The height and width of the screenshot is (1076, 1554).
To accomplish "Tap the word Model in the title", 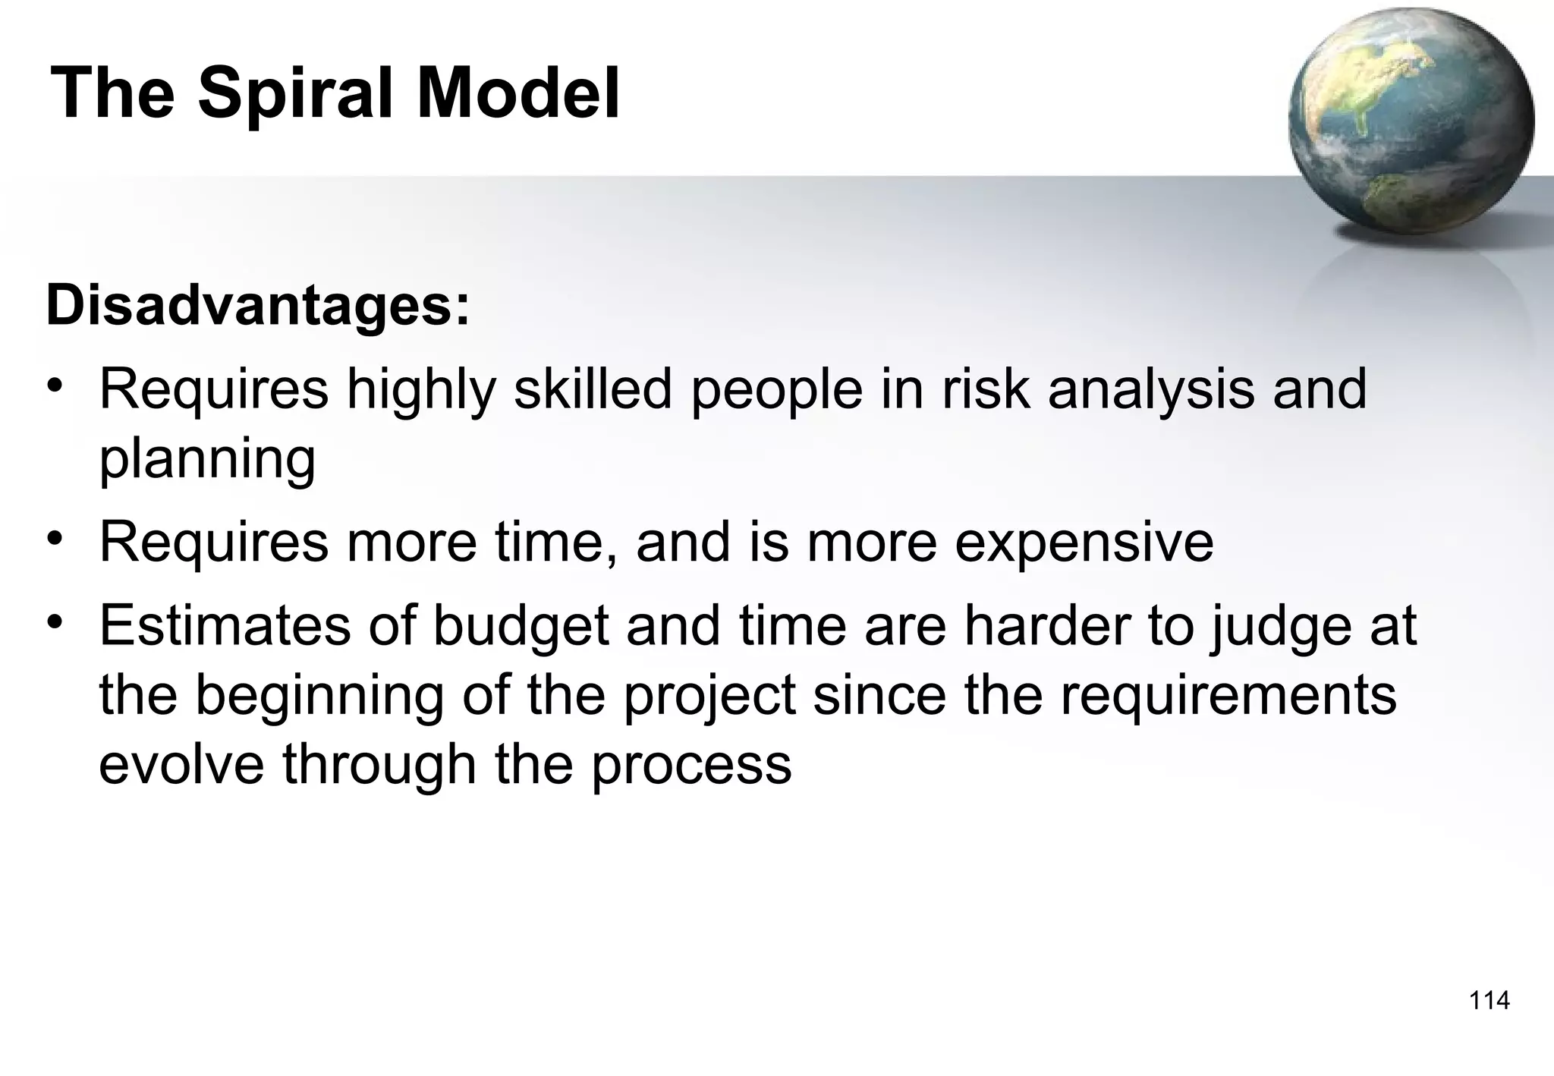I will pos(518,94).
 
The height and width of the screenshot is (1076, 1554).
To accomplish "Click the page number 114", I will pos(1489,1001).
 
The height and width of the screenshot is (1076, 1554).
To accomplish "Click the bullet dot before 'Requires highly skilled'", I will pos(53,382).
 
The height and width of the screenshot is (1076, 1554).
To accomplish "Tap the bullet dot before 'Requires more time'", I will pos(53,537).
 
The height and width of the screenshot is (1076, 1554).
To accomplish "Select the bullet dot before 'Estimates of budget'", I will pos(53,621).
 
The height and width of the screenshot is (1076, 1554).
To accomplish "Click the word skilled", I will pos(593,389).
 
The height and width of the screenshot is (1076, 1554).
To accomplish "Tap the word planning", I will pos(207,460).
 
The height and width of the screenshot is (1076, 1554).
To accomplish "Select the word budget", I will pos(521,627).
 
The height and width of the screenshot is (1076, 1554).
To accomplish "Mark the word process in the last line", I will pos(691,765).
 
